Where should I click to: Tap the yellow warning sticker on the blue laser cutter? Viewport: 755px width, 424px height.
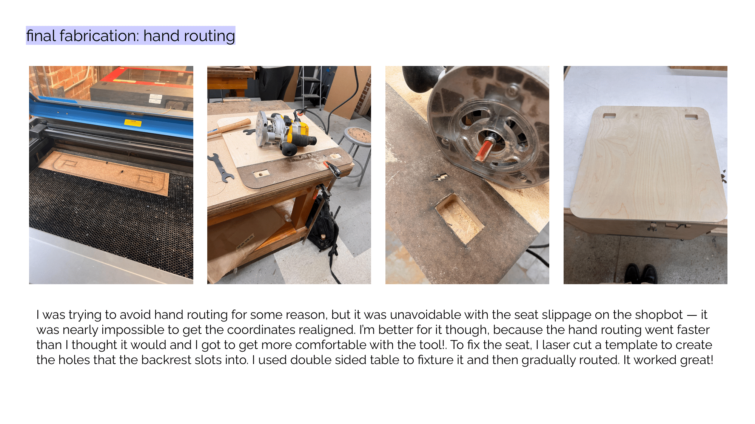133,123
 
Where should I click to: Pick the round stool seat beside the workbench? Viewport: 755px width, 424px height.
358,135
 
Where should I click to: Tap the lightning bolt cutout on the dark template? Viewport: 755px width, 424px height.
440,178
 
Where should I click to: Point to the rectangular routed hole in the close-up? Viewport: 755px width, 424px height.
459,219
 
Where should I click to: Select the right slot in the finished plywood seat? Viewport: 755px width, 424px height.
691,117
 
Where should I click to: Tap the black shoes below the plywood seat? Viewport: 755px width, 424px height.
641,274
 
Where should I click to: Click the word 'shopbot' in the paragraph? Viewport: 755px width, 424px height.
659,315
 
